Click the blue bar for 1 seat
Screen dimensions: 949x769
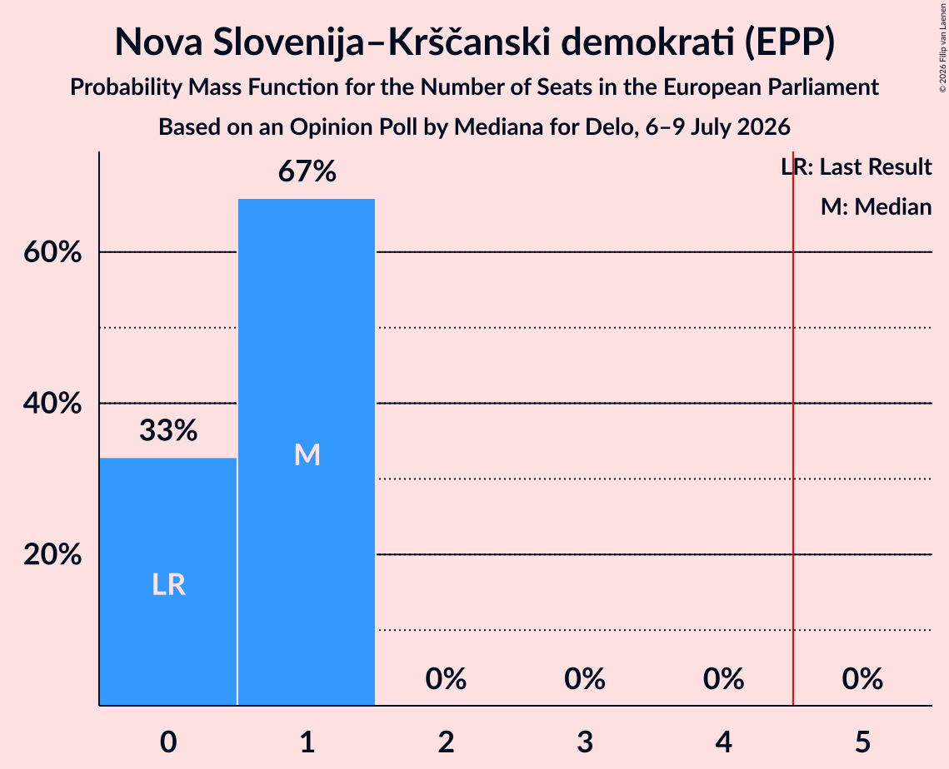tap(307, 452)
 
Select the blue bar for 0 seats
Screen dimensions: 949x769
tap(168, 582)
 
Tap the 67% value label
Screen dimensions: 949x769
tap(307, 171)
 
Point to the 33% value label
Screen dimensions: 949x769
tap(168, 430)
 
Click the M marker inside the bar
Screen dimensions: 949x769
tap(307, 454)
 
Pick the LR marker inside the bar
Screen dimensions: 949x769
tap(168, 584)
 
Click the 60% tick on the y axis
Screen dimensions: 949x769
tap(52, 251)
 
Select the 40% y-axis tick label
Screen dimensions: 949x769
tap(52, 403)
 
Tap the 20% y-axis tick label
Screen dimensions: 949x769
tap(52, 553)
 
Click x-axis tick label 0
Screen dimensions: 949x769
tap(168, 742)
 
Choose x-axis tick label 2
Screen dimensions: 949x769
tap(446, 742)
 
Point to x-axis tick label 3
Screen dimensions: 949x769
tap(585, 742)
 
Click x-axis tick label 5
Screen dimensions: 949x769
tap(862, 742)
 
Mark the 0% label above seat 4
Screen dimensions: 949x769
tap(723, 679)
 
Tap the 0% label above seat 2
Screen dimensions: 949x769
tap(446, 679)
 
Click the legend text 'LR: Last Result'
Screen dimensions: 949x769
tap(857, 166)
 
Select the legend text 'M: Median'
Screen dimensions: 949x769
tap(876, 206)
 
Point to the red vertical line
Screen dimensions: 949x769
tap(793, 428)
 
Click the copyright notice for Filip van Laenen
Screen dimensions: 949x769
tap(942, 47)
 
